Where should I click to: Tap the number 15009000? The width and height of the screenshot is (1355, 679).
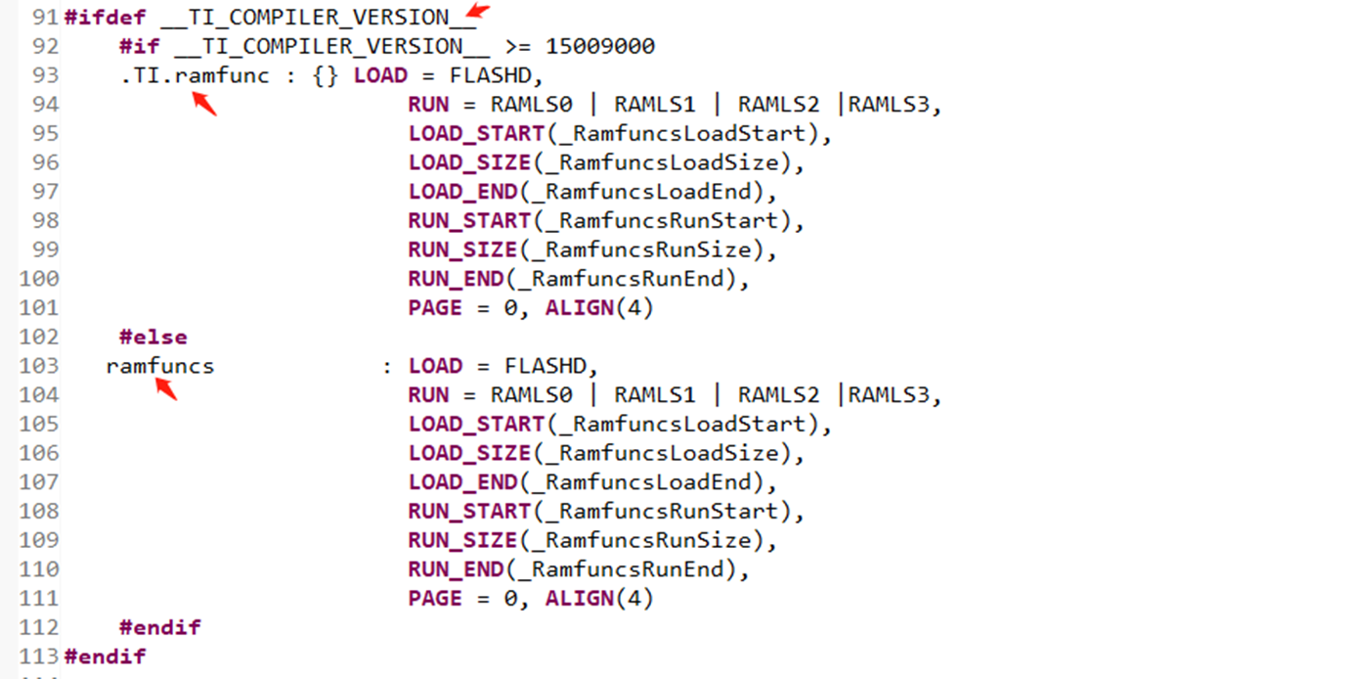pyautogui.click(x=600, y=46)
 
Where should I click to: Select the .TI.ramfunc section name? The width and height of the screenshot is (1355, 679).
pyautogui.click(x=195, y=75)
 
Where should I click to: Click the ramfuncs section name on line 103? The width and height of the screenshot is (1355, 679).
pyautogui.click(x=159, y=366)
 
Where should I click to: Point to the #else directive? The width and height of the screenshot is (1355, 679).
pyautogui.click(x=153, y=337)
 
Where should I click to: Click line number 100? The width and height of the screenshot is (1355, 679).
pyautogui.click(x=39, y=279)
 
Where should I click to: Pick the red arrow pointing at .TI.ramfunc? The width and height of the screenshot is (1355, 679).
pyautogui.click(x=203, y=103)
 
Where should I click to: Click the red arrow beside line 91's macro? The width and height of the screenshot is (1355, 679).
pyautogui.click(x=476, y=12)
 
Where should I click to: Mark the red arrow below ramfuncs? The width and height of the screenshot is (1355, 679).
pyautogui.click(x=165, y=389)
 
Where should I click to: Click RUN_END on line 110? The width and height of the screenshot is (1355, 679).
pyautogui.click(x=456, y=569)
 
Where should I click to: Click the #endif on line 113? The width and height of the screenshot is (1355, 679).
pyautogui.click(x=105, y=656)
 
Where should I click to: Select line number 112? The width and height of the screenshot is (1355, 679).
pyautogui.click(x=39, y=627)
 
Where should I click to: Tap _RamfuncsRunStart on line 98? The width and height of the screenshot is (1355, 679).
pyautogui.click(x=668, y=221)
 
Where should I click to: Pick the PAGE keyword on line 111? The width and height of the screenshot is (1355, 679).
pyautogui.click(x=435, y=599)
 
